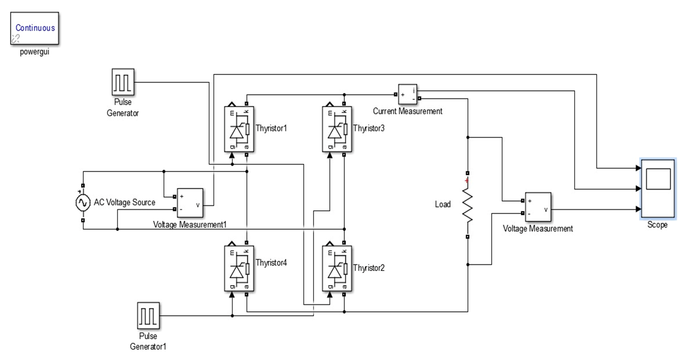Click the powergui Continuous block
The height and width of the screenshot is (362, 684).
click(x=35, y=28)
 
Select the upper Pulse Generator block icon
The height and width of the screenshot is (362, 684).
click(x=123, y=82)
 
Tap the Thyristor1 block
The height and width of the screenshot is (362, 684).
click(x=239, y=129)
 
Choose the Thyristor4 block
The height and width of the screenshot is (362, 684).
click(x=239, y=268)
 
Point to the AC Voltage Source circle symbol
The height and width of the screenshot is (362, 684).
click(x=82, y=203)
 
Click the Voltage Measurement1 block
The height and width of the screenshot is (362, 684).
click(x=189, y=202)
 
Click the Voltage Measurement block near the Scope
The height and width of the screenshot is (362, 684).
click(x=538, y=207)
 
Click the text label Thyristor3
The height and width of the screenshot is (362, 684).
click(x=369, y=128)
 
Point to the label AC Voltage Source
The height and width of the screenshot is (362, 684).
click(x=125, y=203)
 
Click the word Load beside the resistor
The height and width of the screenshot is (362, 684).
click(x=443, y=205)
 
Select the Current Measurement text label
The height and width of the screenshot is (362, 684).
click(x=407, y=111)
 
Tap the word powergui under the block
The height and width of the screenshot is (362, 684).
click(x=34, y=52)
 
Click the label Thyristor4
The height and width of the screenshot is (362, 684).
click(x=272, y=263)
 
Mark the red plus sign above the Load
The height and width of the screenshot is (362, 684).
click(x=467, y=180)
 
